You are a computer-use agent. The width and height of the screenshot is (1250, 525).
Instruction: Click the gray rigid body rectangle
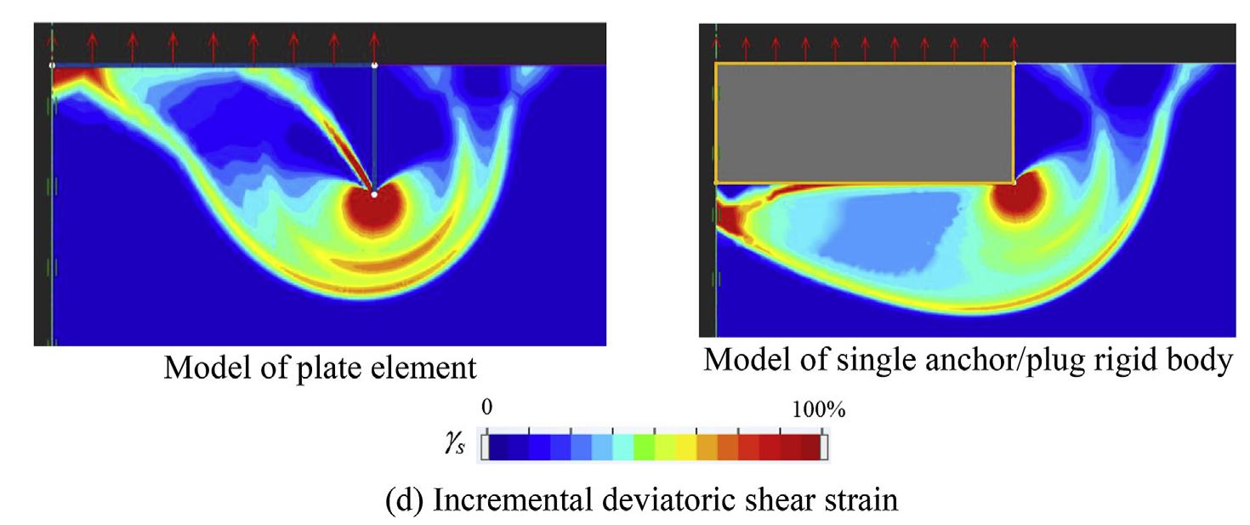(x=865, y=123)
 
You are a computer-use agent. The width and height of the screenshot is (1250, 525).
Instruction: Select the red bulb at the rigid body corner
(x=1015, y=197)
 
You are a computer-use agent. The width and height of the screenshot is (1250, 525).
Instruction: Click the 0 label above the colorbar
(x=486, y=408)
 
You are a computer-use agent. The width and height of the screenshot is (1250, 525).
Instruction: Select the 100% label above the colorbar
(x=819, y=410)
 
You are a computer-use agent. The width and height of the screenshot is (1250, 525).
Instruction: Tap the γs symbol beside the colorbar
(x=455, y=444)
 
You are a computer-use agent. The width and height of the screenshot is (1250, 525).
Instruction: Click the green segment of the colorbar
(x=644, y=448)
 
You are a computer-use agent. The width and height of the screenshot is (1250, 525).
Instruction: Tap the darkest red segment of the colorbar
(x=810, y=448)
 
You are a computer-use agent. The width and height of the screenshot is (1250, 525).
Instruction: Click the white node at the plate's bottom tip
(x=374, y=194)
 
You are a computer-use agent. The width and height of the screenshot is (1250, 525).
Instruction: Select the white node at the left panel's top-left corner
(x=52, y=66)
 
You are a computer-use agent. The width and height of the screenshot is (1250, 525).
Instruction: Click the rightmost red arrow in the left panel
(x=374, y=48)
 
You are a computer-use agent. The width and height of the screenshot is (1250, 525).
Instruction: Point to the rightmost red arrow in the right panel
(x=1014, y=49)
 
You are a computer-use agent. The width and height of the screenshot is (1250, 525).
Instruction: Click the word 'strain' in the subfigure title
(x=860, y=499)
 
